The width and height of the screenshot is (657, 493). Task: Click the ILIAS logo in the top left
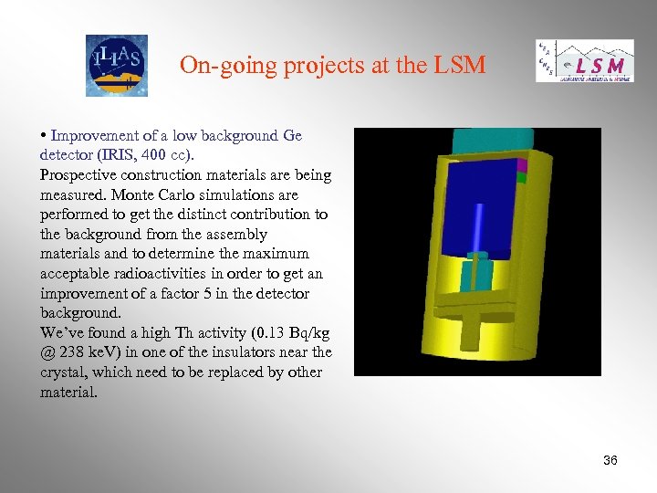click(x=116, y=65)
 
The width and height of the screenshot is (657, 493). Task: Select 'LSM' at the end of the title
click(x=461, y=65)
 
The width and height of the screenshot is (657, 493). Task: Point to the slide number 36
click(x=610, y=460)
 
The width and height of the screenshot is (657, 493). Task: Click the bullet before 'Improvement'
click(x=44, y=135)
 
